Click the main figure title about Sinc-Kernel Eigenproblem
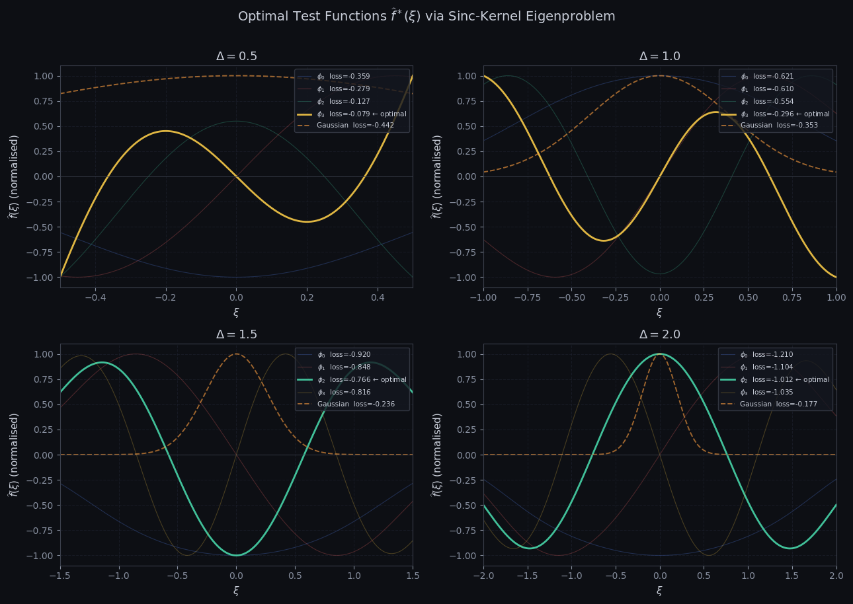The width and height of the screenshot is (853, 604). (426, 17)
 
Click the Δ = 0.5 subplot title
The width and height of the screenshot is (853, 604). (236, 57)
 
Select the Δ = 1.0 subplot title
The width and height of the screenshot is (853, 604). (659, 57)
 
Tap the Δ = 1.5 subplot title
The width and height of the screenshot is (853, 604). (236, 335)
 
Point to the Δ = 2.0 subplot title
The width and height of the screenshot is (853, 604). (659, 335)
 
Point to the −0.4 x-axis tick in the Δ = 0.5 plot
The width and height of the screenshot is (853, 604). (95, 297)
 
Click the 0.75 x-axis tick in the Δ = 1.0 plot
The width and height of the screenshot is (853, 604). (792, 297)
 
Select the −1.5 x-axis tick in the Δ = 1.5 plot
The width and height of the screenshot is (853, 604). (60, 576)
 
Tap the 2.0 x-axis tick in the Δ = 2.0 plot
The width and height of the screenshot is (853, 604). (836, 576)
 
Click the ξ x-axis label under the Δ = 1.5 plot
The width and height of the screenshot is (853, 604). (236, 590)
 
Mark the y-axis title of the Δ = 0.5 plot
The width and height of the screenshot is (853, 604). (14, 176)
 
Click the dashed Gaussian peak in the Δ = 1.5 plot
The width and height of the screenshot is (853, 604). (236, 354)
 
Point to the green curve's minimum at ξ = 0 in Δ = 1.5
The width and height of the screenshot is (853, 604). (236, 554)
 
